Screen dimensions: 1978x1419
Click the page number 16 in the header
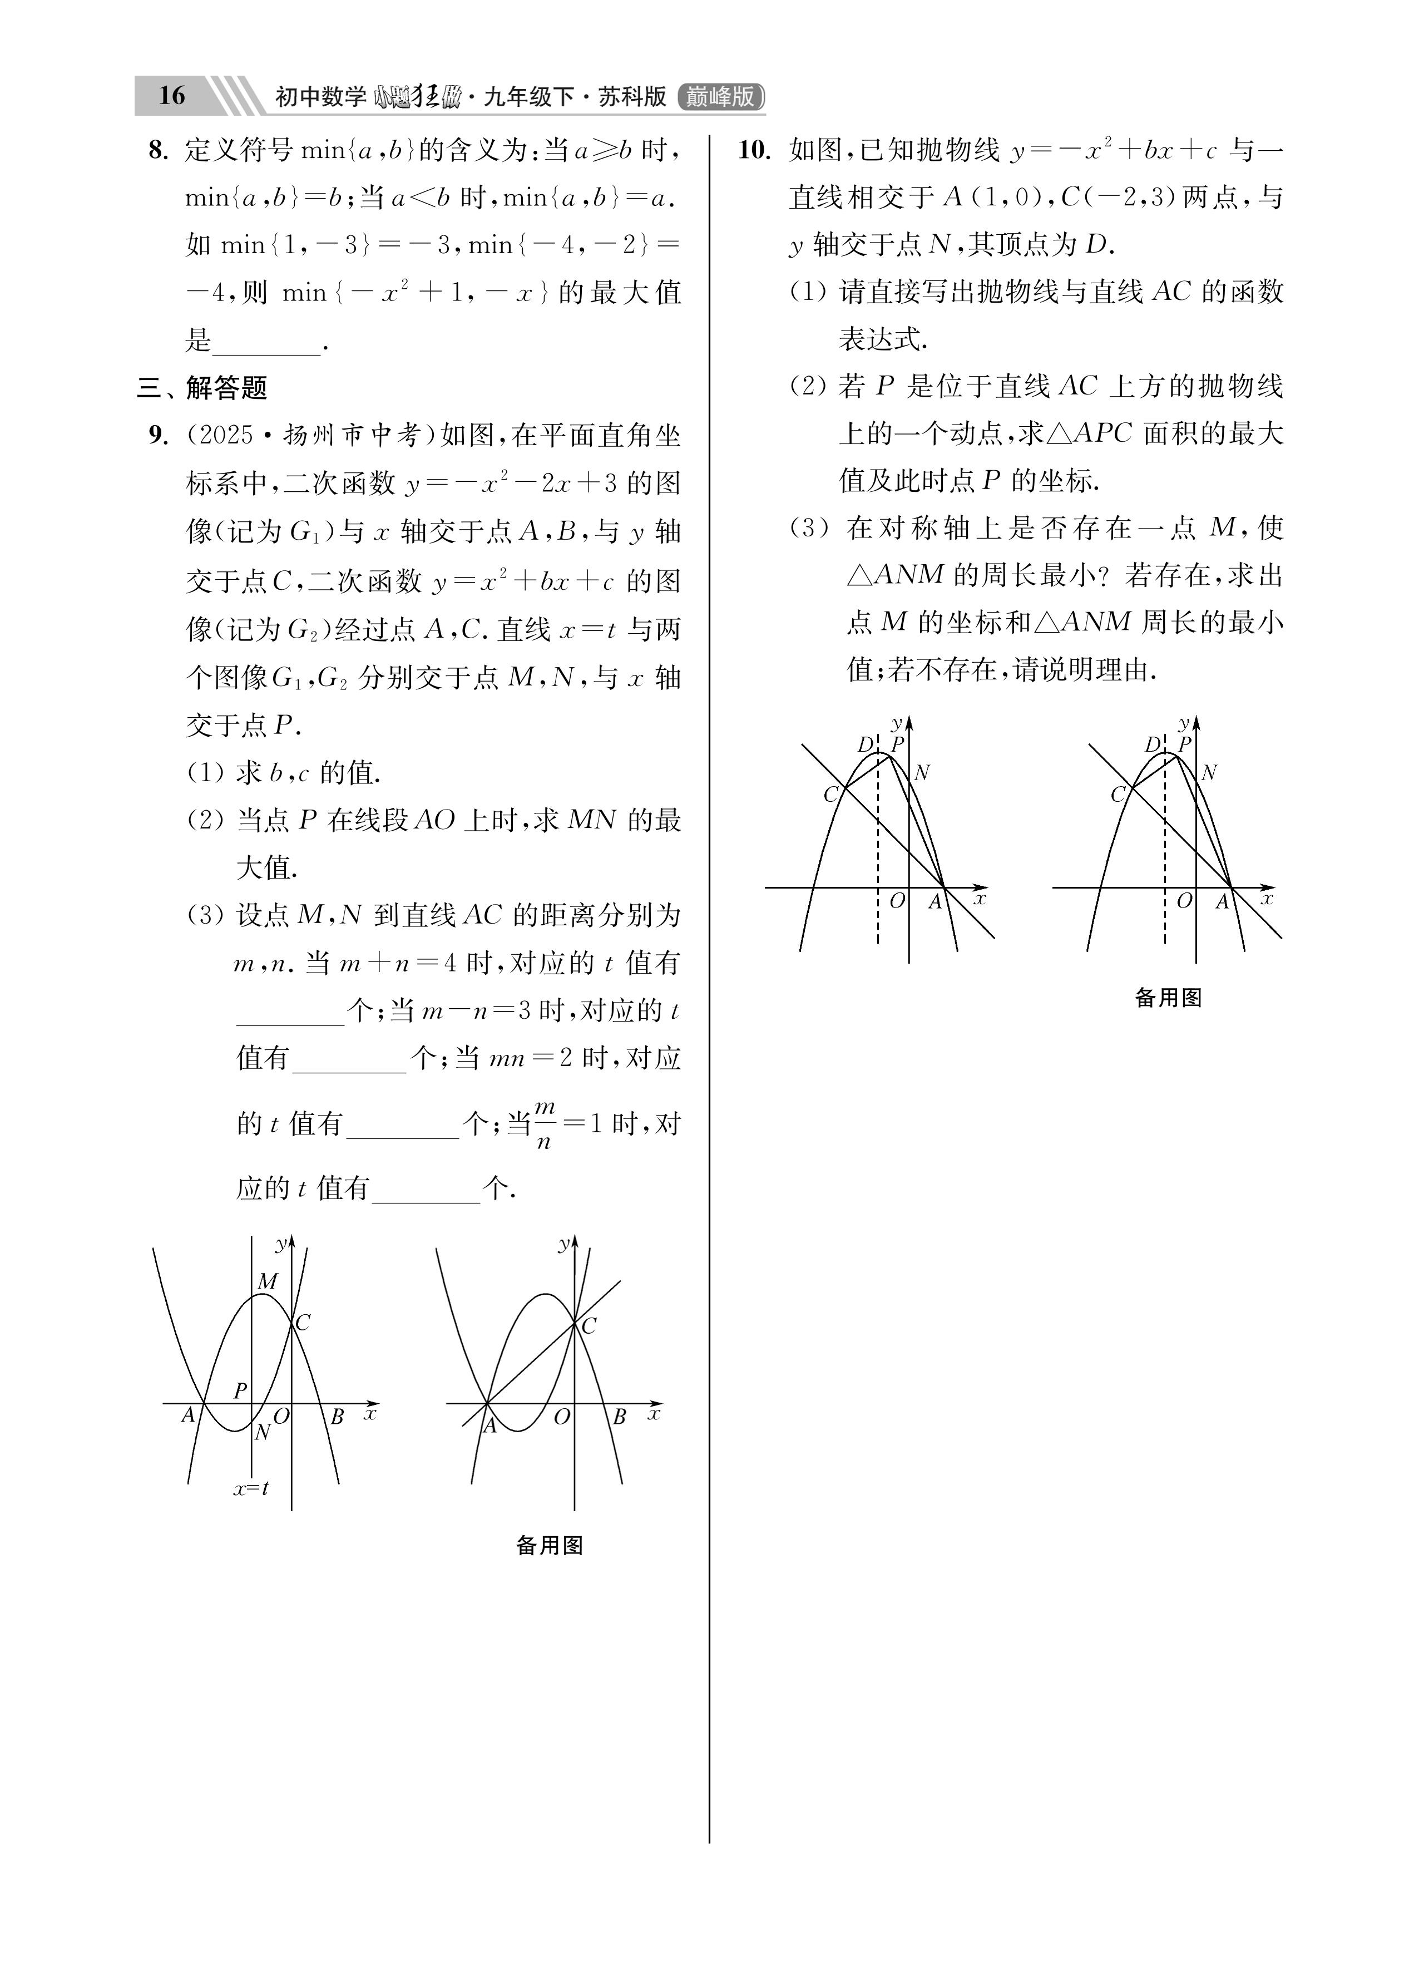click(172, 95)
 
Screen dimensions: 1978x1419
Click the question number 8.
click(157, 151)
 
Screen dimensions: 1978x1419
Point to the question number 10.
click(754, 151)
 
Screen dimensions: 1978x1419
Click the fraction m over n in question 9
click(544, 1124)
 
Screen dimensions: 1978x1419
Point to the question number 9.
click(157, 435)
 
